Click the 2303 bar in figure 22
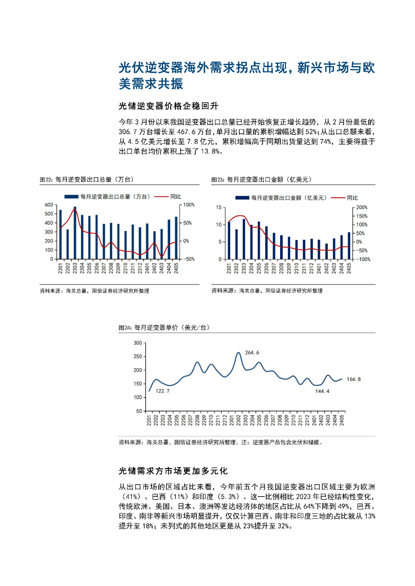tap(75, 233)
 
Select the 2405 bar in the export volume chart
tap(176, 238)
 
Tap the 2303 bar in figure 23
tap(244, 239)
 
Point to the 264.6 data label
tap(252, 353)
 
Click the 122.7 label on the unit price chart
tap(163, 391)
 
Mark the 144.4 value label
tap(322, 391)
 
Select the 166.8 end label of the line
tap(354, 379)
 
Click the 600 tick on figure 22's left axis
tap(49, 205)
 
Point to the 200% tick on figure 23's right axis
tap(362, 207)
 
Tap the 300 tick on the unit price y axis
tap(138, 343)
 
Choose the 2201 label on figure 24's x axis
tap(149, 420)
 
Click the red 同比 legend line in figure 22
tap(161, 197)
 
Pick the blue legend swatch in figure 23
tap(242, 198)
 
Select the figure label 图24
tap(125, 328)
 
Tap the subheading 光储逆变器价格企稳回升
tap(168, 106)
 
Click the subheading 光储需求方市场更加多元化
tap(173, 471)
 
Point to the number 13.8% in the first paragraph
tap(211, 151)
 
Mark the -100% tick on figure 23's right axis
tap(363, 259)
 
